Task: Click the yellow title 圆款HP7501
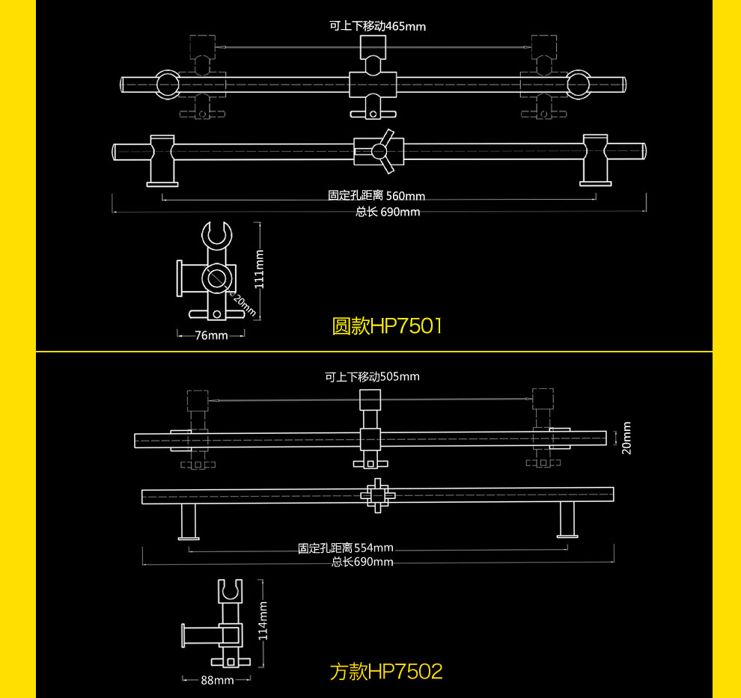pyautogui.click(x=387, y=326)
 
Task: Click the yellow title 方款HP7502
pyautogui.click(x=386, y=672)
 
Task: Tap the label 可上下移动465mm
pyautogui.click(x=377, y=26)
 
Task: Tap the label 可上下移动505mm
pyautogui.click(x=372, y=376)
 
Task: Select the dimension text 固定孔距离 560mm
pyautogui.click(x=376, y=195)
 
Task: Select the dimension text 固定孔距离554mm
pyautogui.click(x=346, y=548)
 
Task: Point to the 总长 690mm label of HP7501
pyautogui.click(x=388, y=212)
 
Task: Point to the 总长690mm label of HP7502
pyautogui.click(x=362, y=562)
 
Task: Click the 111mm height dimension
pyautogui.click(x=260, y=269)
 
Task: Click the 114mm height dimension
pyautogui.click(x=263, y=620)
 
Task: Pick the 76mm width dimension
pyautogui.click(x=211, y=335)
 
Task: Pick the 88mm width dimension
pyautogui.click(x=217, y=680)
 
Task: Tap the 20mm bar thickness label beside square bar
pyautogui.click(x=626, y=438)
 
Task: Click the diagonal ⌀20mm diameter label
pyautogui.click(x=243, y=304)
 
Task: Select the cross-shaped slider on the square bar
pyautogui.click(x=377, y=495)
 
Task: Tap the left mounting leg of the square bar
pyautogui.click(x=189, y=521)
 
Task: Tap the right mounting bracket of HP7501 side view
pyautogui.click(x=596, y=160)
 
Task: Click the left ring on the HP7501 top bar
pyautogui.click(x=168, y=85)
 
